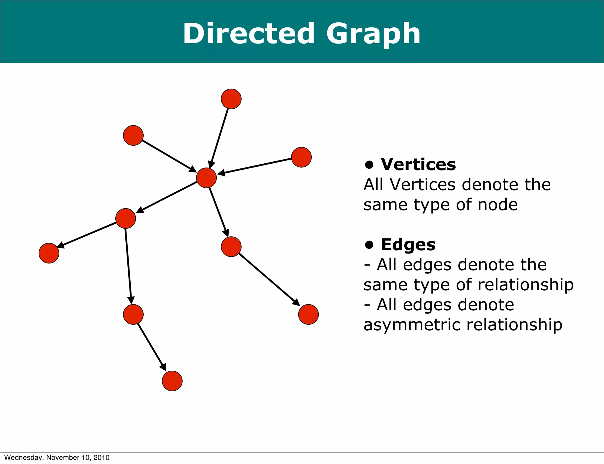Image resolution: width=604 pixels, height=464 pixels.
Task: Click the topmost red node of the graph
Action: [231, 99]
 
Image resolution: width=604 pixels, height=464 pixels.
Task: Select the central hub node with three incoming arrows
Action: [206, 178]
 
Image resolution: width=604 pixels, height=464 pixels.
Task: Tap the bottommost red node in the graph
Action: [172, 381]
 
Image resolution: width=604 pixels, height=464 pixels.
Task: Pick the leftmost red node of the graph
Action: [49, 253]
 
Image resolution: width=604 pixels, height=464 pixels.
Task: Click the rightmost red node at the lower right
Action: [308, 314]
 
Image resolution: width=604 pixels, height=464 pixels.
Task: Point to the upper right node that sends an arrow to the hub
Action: [301, 157]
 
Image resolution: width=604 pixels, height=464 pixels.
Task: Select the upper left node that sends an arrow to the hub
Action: [133, 135]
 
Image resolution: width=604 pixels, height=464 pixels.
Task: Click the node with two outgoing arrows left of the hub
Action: [126, 218]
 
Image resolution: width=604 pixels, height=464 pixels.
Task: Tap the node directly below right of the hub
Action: [231, 247]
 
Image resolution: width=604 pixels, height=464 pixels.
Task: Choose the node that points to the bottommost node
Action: [133, 314]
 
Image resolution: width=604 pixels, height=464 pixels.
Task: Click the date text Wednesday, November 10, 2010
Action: [57, 458]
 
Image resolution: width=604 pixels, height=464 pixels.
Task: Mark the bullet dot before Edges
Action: [369, 245]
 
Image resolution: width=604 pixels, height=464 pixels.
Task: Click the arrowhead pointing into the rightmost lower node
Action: [296, 302]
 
